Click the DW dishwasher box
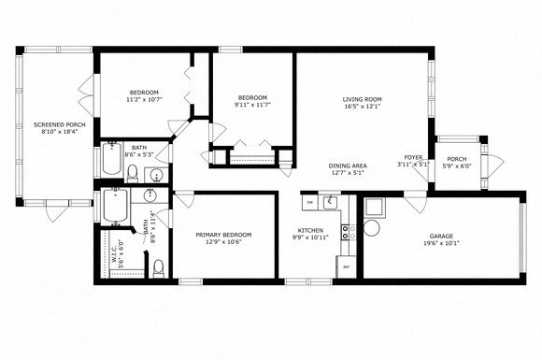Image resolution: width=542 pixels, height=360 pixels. (x=309, y=202)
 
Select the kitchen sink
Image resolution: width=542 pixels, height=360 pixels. (x=330, y=202)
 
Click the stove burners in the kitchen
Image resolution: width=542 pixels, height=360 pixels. (x=345, y=232)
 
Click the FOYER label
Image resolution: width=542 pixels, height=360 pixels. (x=413, y=157)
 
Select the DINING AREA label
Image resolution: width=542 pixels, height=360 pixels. (x=347, y=166)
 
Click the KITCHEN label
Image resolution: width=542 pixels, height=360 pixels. (x=310, y=229)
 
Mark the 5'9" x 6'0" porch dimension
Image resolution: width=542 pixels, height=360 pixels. (x=457, y=166)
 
